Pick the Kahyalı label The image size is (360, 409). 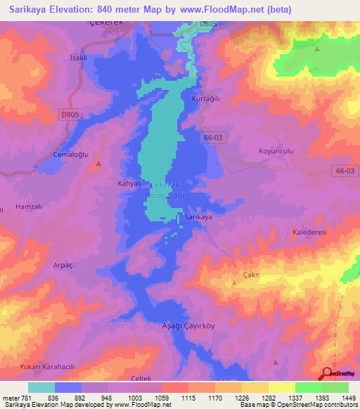coord(120,183)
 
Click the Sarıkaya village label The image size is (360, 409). coord(198,217)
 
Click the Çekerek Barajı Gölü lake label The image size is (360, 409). coord(162,190)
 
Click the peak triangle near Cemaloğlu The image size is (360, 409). coord(98,164)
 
